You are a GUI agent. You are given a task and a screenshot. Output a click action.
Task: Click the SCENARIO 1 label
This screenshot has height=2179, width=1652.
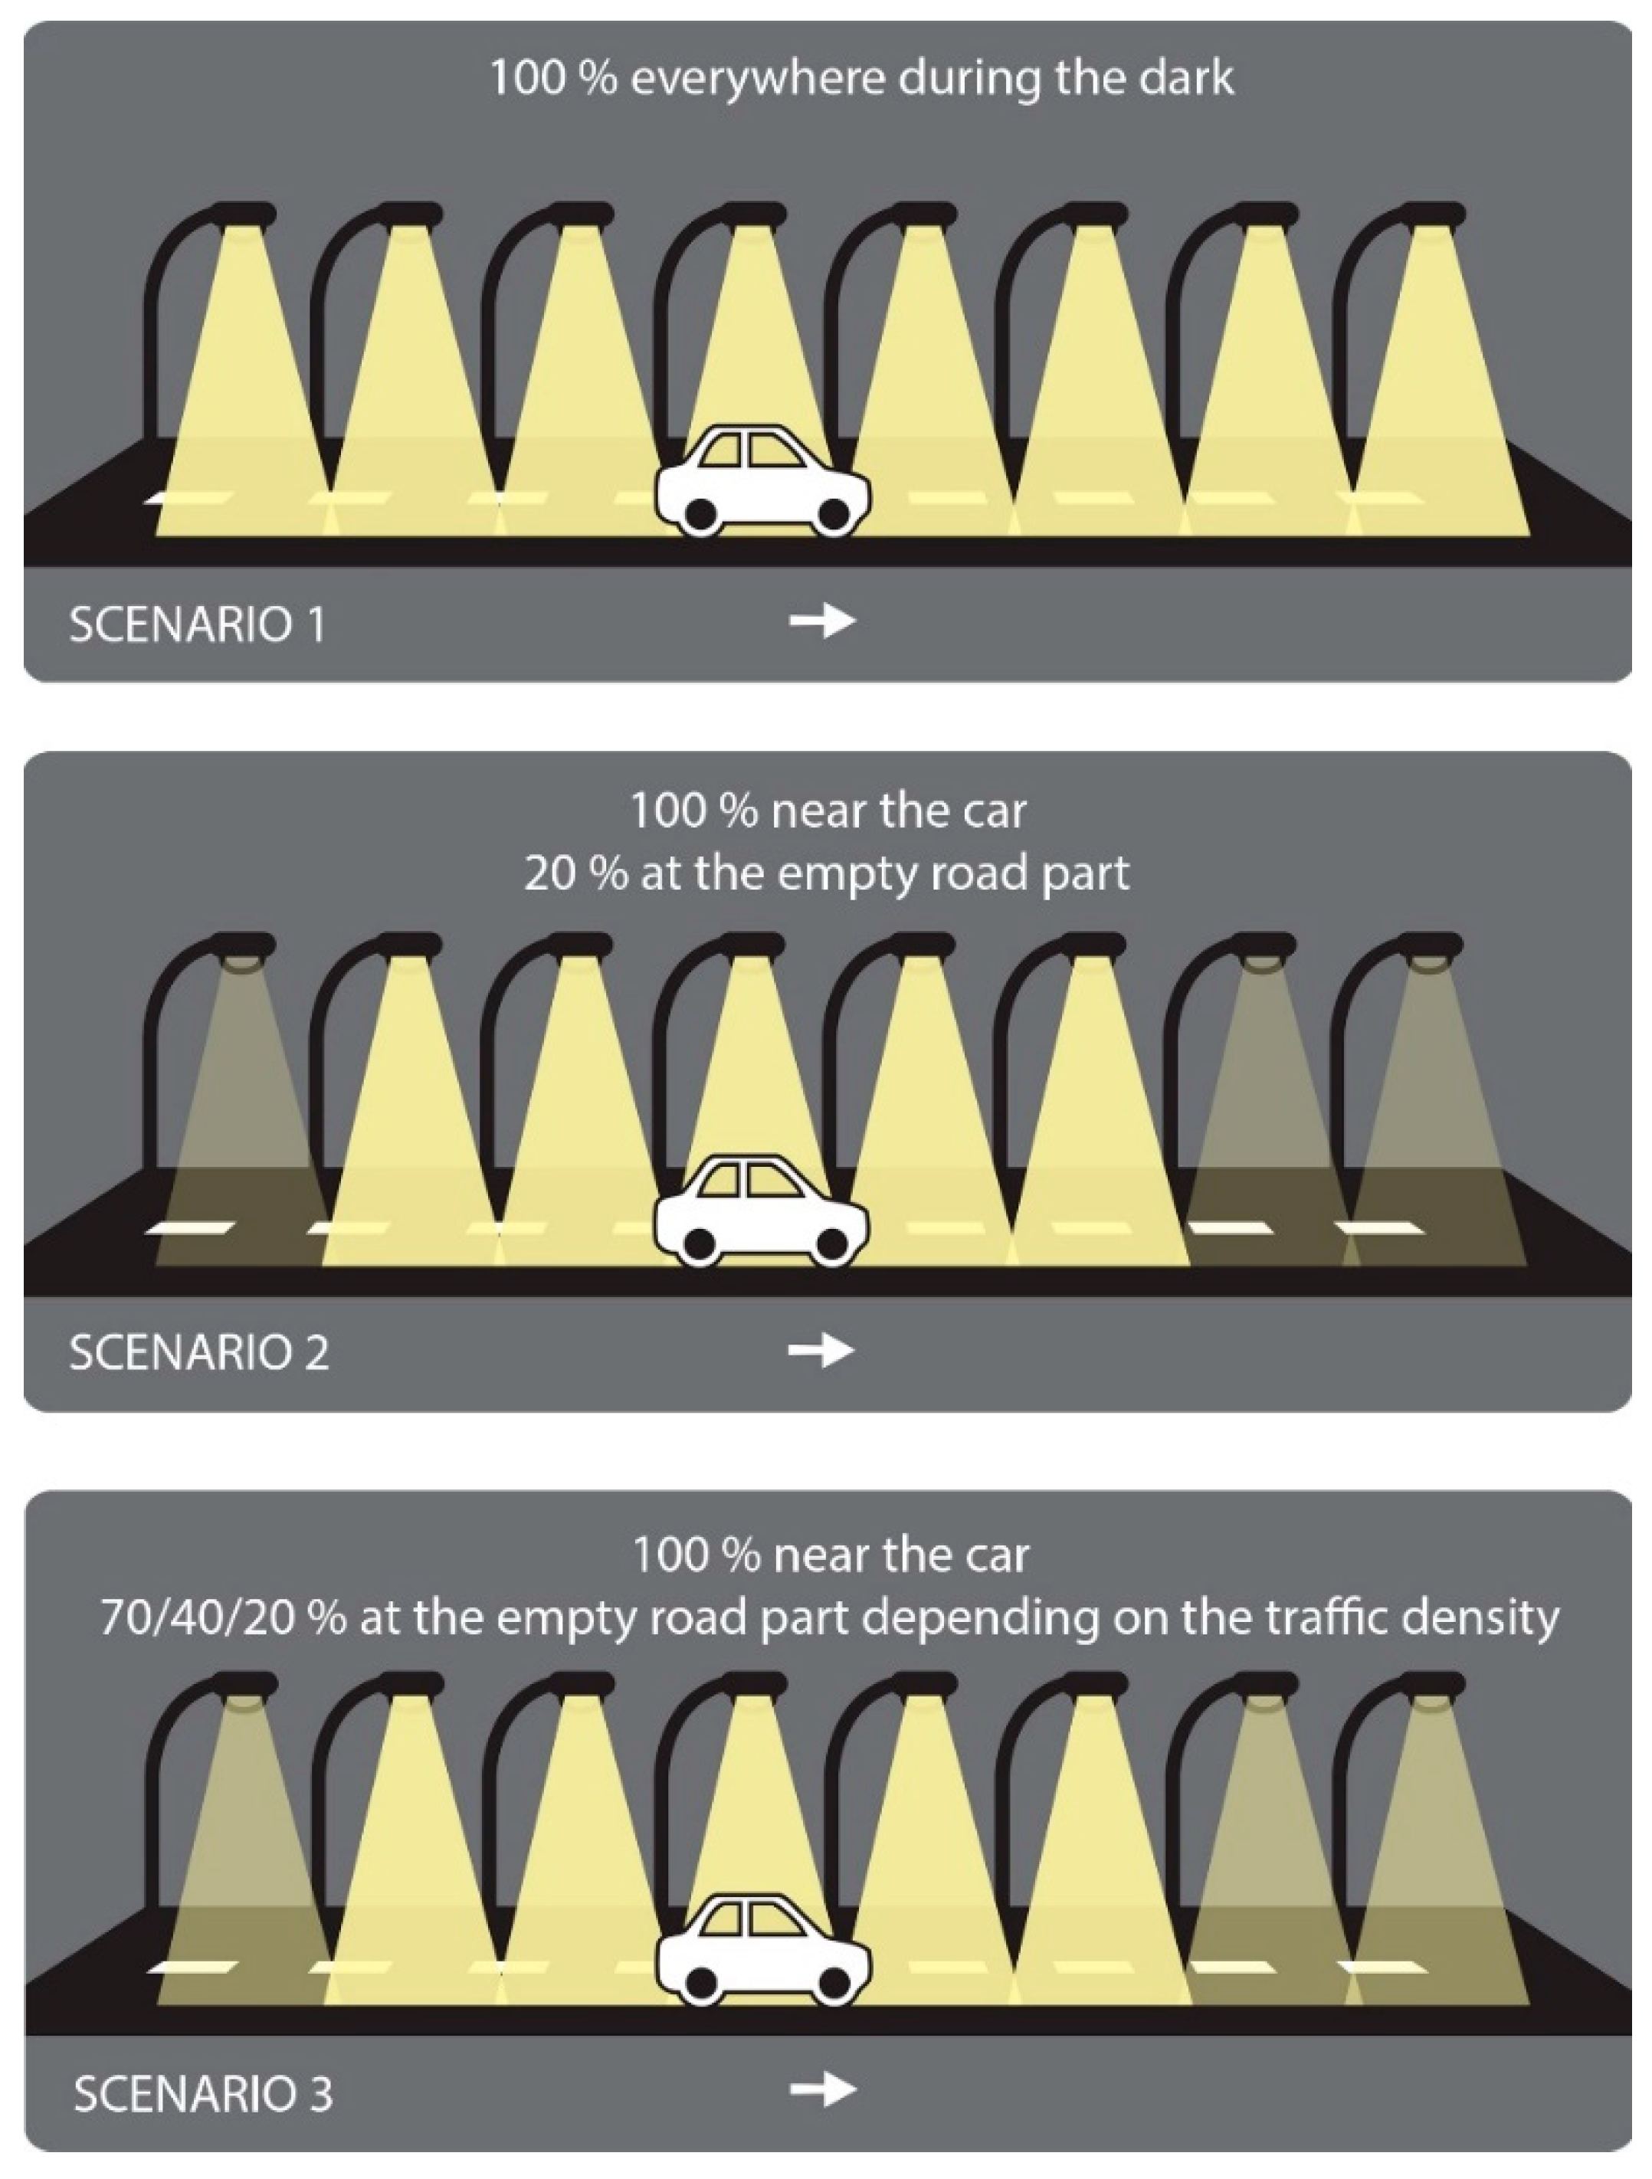pyautogui.click(x=197, y=624)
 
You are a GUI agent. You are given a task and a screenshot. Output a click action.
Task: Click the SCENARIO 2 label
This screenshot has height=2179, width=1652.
pyautogui.click(x=199, y=1352)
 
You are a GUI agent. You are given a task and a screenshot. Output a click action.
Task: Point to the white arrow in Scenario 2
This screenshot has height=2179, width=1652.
pyautogui.click(x=821, y=1349)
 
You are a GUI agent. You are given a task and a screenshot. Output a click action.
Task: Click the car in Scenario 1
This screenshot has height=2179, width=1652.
pyautogui.click(x=762, y=483)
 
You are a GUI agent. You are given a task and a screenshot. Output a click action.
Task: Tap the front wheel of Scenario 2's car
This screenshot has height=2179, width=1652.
pyautogui.click(x=832, y=1244)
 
